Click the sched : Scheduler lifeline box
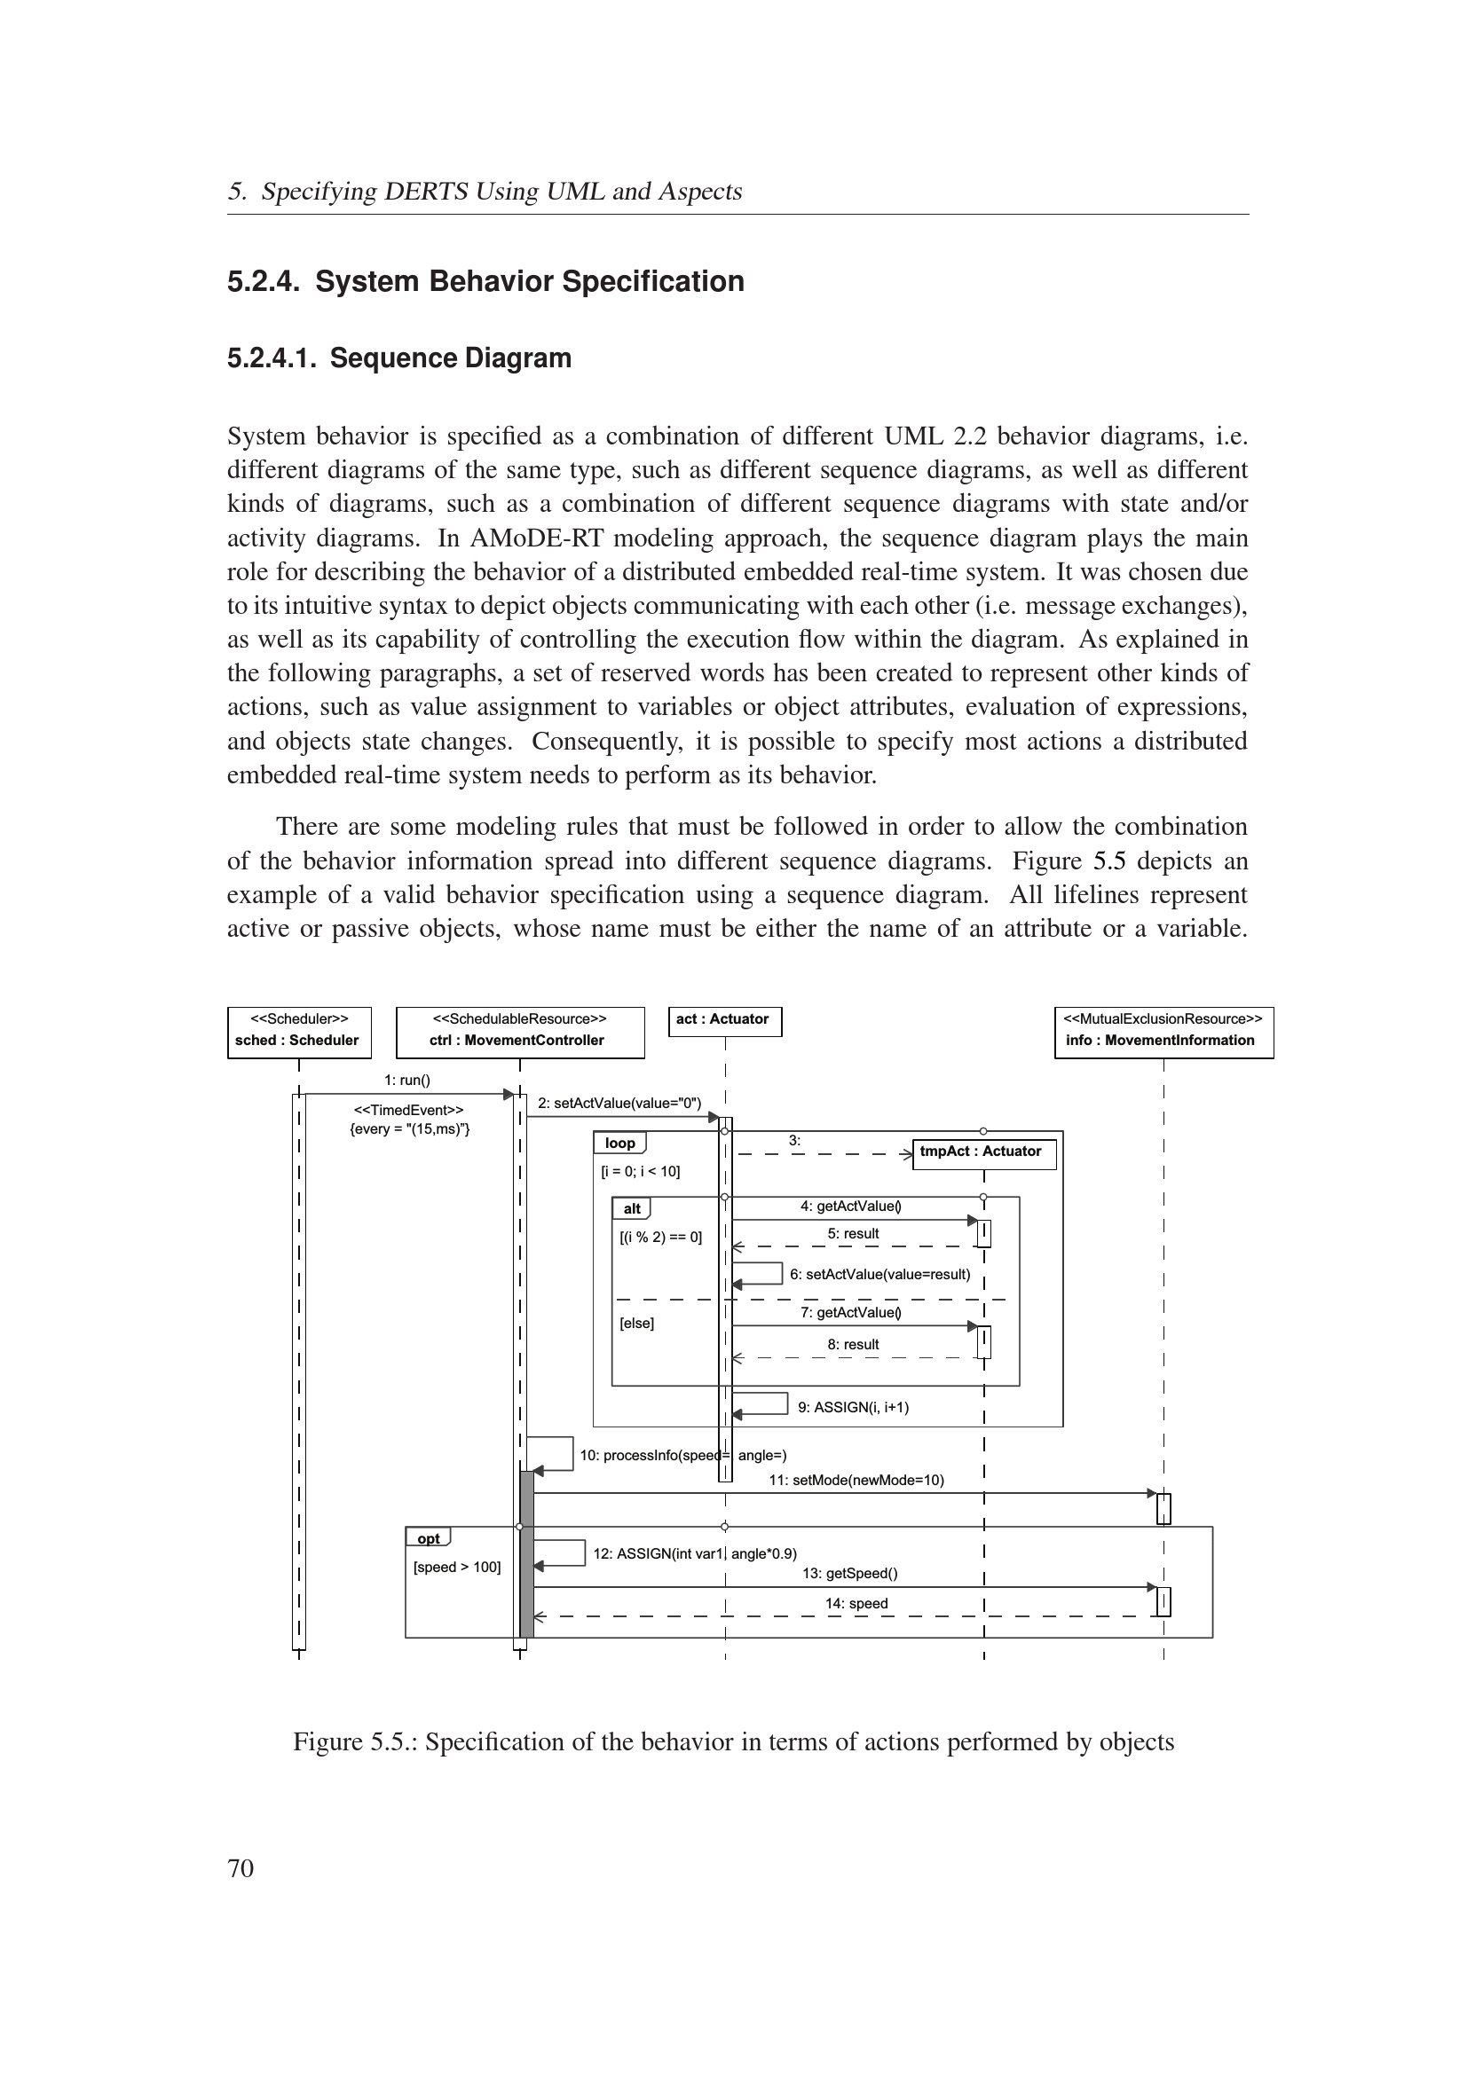click(x=298, y=1031)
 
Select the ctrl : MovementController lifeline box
click(x=520, y=1031)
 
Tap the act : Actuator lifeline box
click(x=725, y=1020)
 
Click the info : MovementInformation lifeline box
click(x=1163, y=1031)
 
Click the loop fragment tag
click(x=620, y=1144)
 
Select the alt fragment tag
click(x=632, y=1209)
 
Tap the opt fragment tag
click(x=429, y=1539)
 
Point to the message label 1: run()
click(x=406, y=1080)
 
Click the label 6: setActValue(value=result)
click(x=879, y=1274)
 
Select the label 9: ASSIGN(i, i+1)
click(x=853, y=1407)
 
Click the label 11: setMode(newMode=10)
click(x=856, y=1481)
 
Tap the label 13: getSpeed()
click(x=849, y=1574)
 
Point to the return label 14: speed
click(x=856, y=1604)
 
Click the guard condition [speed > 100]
click(x=456, y=1567)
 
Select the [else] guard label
click(x=636, y=1324)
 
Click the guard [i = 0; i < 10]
click(x=640, y=1172)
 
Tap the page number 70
click(x=241, y=1869)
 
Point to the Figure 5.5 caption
click(x=733, y=1742)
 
